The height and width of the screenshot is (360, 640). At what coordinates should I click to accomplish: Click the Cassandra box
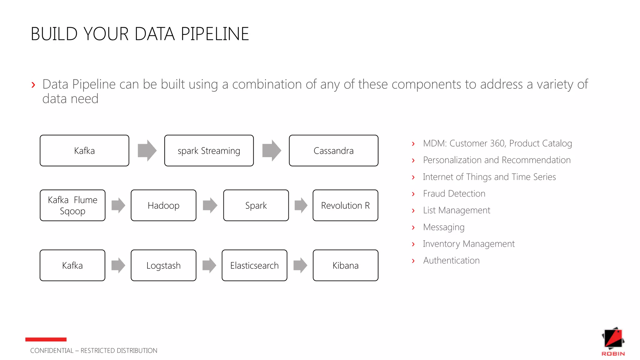(x=333, y=151)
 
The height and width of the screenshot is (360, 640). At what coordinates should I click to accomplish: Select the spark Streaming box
(x=209, y=151)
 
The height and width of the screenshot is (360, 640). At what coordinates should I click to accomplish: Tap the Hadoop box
(x=163, y=205)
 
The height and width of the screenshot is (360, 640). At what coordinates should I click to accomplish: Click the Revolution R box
(x=345, y=205)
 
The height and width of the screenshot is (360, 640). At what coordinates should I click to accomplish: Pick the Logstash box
(x=163, y=265)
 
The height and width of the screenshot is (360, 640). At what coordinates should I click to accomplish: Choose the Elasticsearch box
(x=254, y=265)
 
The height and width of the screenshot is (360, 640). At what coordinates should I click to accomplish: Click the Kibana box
(x=345, y=265)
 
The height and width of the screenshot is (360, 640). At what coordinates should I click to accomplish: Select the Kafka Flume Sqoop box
(x=72, y=205)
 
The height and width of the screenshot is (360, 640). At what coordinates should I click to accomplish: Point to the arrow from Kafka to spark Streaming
(x=147, y=151)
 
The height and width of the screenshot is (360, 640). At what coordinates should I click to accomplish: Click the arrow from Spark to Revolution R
(x=301, y=205)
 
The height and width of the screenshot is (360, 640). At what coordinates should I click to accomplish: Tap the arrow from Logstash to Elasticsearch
(x=209, y=265)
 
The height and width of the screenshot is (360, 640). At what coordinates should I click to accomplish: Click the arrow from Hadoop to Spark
(x=210, y=205)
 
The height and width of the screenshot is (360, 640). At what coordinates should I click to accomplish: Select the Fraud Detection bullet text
(x=454, y=194)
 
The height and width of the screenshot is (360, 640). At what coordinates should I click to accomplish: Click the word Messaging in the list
(x=443, y=227)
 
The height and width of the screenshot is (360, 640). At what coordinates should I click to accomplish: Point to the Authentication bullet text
(x=451, y=261)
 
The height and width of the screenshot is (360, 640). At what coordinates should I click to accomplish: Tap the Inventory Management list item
(x=468, y=244)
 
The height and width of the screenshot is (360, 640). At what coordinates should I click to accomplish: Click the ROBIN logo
(x=613, y=341)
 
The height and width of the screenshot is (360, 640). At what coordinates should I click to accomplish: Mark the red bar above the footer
(x=46, y=339)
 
